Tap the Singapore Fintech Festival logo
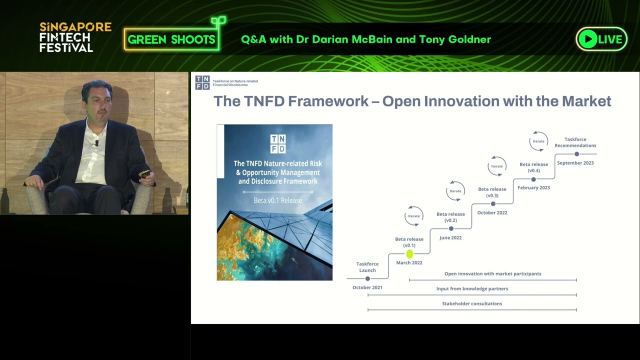[x=75, y=37]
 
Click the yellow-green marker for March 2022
[x=409, y=253]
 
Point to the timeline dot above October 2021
[x=367, y=278]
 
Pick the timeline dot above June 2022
[x=451, y=228]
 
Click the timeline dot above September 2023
[x=577, y=154]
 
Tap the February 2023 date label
[x=533, y=187]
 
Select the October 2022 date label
[x=492, y=212]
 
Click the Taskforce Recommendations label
[x=575, y=142]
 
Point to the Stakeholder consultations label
[x=472, y=303]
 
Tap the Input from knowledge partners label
[x=472, y=288]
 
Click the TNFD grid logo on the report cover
[x=278, y=144]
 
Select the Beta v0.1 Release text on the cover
[x=278, y=200]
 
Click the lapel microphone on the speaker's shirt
[x=97, y=143]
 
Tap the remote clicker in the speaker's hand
[x=145, y=173]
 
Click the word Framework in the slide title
[x=328, y=101]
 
